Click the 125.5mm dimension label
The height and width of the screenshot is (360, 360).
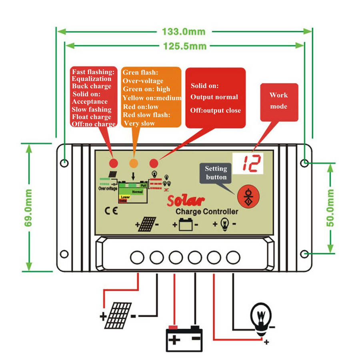(184, 46)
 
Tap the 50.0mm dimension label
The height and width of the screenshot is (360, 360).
(331, 208)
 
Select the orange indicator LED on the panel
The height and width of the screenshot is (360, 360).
(134, 163)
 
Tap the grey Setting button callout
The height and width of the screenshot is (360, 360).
(216, 173)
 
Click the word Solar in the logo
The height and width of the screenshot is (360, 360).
(186, 200)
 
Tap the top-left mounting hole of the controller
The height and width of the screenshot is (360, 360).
(64, 163)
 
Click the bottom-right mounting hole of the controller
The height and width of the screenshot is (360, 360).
(305, 254)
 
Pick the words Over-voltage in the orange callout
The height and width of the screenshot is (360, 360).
(143, 81)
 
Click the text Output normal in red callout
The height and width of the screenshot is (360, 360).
(214, 97)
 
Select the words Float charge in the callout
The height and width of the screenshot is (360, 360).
(92, 117)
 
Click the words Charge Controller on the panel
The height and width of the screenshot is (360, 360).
(207, 211)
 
